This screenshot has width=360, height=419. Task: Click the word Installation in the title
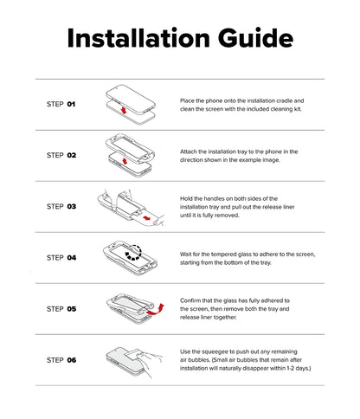pos(138,38)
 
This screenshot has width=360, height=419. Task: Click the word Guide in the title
pos(256,38)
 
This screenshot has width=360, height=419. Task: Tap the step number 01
pos(71,104)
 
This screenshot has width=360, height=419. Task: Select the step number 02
pos(72,155)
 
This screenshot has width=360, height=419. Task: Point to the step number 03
pos(72,207)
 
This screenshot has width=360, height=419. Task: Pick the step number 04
pos(72,258)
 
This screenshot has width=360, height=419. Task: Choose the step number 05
pos(72,309)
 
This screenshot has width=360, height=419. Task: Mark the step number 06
pos(72,360)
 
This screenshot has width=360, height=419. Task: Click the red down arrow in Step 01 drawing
pos(124,110)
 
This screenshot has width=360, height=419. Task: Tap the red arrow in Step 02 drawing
pos(125,161)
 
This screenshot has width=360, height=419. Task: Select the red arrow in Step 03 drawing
pos(147,217)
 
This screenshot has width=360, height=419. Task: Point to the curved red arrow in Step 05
pos(156,310)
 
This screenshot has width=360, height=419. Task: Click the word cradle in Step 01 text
pos(285,100)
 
